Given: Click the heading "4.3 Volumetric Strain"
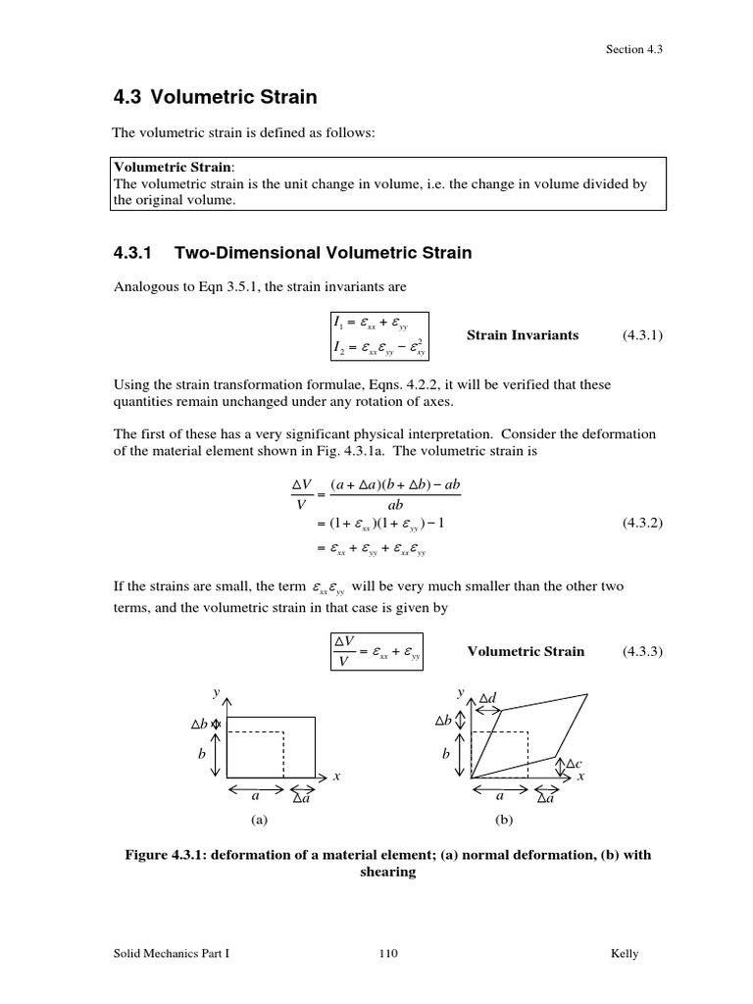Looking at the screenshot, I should point(216,97).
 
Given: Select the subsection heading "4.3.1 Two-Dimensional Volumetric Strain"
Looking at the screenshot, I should point(293,253).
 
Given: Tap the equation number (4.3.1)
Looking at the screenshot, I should point(642,335).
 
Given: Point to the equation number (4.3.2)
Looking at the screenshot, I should point(642,524).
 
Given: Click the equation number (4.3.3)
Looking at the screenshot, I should point(642,651).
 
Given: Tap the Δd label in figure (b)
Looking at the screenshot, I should point(488,698).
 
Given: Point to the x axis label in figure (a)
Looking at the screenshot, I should point(336,777).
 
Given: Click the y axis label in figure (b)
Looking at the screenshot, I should point(460,692).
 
